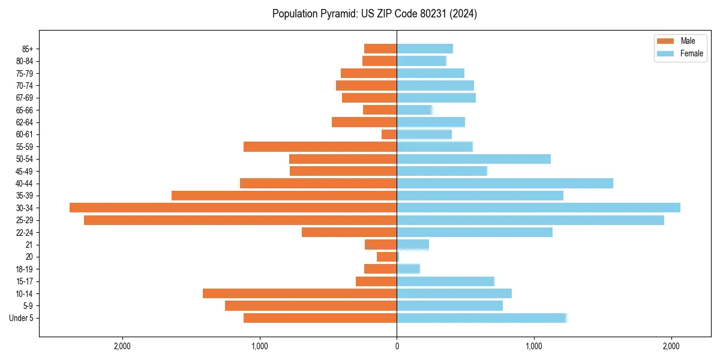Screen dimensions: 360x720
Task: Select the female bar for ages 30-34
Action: coord(538,208)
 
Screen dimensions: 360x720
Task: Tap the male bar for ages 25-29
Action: coord(240,220)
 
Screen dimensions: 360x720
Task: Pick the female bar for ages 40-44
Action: coord(505,183)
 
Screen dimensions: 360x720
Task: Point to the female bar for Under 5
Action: coord(481,318)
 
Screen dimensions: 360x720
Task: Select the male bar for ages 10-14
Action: coord(299,293)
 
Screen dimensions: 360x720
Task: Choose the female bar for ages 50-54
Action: coord(473,159)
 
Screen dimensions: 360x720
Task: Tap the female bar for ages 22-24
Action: coord(475,232)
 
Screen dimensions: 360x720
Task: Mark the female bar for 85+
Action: coord(425,49)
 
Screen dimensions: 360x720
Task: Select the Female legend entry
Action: coord(679,53)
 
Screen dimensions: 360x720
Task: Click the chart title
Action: coord(374,14)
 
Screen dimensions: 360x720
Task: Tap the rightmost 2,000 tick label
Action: coord(671,347)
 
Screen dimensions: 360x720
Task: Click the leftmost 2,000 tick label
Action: coord(122,347)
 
